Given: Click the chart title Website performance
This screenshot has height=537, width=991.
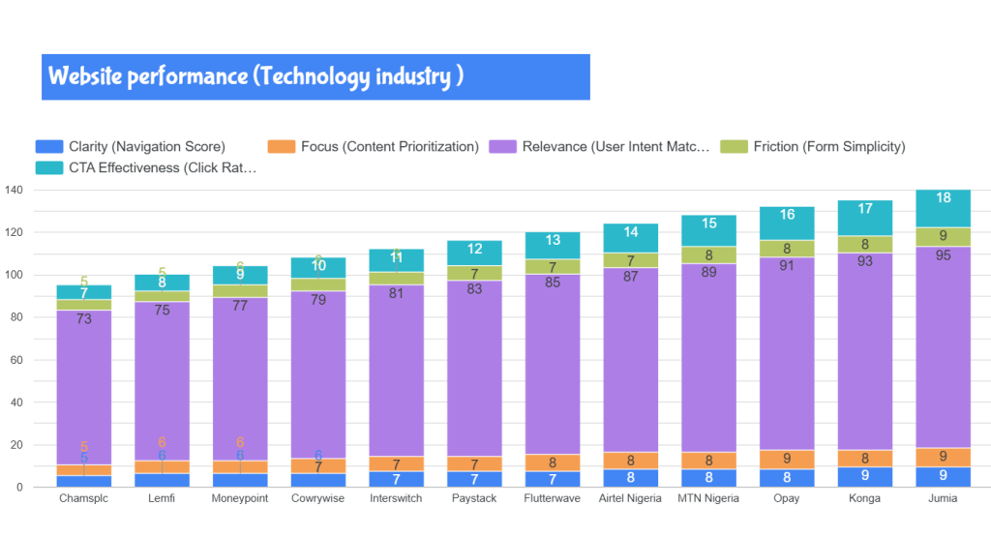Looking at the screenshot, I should [255, 76].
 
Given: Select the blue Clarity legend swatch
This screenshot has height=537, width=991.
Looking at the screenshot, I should [48, 147].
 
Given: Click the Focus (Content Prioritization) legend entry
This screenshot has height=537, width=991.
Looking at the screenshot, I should [389, 147].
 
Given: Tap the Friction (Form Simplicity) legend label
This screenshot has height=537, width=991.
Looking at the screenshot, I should [828, 147].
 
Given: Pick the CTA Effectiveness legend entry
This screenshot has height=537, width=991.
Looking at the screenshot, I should [162, 167].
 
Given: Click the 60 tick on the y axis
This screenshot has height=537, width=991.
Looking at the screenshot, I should [15, 360].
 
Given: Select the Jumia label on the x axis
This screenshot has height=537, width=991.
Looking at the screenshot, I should [943, 499].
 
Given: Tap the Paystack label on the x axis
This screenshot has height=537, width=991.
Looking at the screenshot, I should [474, 499].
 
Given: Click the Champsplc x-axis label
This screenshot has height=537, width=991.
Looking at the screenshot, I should [83, 499].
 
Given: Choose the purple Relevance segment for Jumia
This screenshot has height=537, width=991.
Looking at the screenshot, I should [943, 348].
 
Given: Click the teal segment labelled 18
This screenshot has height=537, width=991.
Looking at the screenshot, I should [943, 197].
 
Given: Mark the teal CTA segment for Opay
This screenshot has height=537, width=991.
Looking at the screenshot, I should [786, 215].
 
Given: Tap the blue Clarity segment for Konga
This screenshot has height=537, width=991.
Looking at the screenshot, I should [864, 476].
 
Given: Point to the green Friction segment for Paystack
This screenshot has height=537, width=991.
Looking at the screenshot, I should [474, 273].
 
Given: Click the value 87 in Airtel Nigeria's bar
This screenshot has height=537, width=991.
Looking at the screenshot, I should [630, 276].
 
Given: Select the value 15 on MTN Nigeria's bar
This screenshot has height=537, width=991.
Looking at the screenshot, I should [708, 224].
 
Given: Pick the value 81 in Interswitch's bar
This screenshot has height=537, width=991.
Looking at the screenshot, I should [396, 292].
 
